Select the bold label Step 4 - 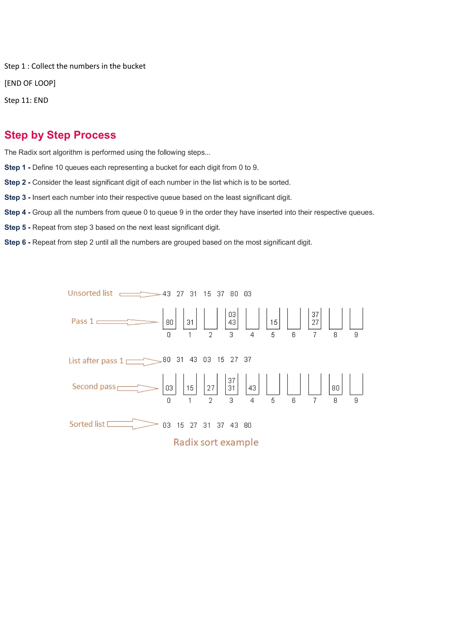click(x=17, y=212)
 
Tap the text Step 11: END click(x=26, y=100)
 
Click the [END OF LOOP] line click(x=30, y=83)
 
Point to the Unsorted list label click(x=90, y=293)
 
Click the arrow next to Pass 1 click(x=127, y=322)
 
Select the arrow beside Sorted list click(x=132, y=424)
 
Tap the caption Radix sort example click(x=216, y=442)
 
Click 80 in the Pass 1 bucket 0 click(x=169, y=322)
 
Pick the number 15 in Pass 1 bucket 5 click(x=274, y=322)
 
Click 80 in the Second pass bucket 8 click(x=336, y=388)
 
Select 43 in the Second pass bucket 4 click(x=252, y=388)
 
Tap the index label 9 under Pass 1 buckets click(x=356, y=335)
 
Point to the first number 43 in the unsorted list click(x=167, y=294)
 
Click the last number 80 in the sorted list click(x=248, y=425)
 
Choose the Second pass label click(x=94, y=386)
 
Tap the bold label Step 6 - click(x=17, y=242)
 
